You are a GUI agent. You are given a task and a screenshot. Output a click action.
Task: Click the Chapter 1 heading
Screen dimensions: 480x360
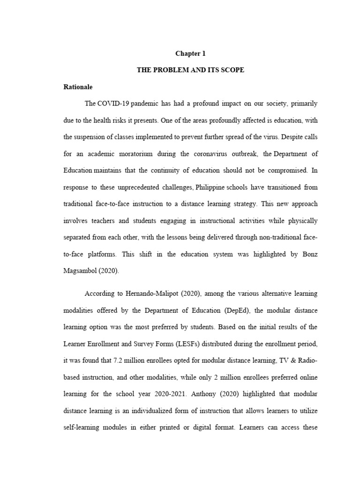click(x=191, y=54)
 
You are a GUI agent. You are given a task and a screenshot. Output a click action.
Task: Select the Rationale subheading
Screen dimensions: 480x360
click(x=78, y=87)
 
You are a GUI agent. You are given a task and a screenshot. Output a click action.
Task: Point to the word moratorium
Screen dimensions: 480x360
click(x=135, y=154)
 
